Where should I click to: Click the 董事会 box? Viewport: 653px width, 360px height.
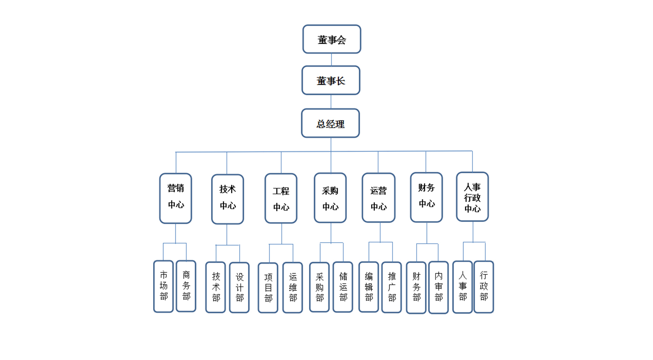pyautogui.click(x=332, y=39)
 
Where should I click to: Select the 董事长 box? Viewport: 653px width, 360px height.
pyautogui.click(x=331, y=80)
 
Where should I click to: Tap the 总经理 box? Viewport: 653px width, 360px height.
pyautogui.click(x=331, y=123)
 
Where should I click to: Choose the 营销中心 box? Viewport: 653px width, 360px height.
pyautogui.click(x=176, y=198)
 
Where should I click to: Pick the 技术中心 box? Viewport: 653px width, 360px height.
pyautogui.click(x=228, y=199)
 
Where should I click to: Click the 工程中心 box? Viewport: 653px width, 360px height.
pyautogui.click(x=281, y=198)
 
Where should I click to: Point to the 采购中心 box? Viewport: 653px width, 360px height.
pyautogui.click(x=330, y=198)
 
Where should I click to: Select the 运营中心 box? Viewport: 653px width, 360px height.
pyautogui.click(x=378, y=197)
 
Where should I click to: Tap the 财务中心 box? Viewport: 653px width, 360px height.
pyautogui.click(x=426, y=197)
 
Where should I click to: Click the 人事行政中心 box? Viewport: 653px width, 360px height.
pyautogui.click(x=472, y=196)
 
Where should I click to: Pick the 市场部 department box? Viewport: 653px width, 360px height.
pyautogui.click(x=164, y=286)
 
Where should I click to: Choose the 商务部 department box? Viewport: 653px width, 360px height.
pyautogui.click(x=186, y=286)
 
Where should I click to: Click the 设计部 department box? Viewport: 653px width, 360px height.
pyautogui.click(x=239, y=288)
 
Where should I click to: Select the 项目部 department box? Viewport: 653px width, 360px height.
pyautogui.click(x=268, y=288)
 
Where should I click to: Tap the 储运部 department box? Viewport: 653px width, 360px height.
pyautogui.click(x=343, y=287)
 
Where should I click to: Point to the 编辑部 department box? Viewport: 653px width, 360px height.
pyautogui.click(x=369, y=287)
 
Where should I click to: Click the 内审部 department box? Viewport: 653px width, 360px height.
pyautogui.click(x=438, y=287)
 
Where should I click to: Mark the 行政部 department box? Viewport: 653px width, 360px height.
pyautogui.click(x=484, y=287)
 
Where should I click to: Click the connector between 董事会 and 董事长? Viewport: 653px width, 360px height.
pyautogui.click(x=332, y=60)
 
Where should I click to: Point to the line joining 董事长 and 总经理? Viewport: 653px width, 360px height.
pyautogui.click(x=331, y=102)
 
